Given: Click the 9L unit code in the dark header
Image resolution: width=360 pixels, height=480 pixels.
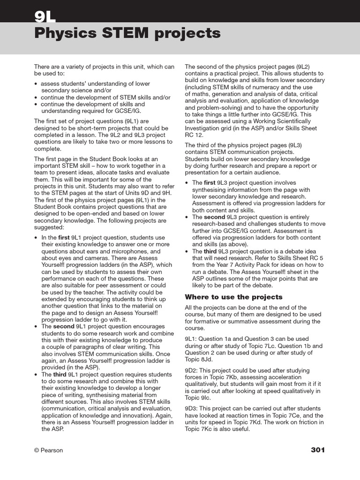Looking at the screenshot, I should coord(45,16).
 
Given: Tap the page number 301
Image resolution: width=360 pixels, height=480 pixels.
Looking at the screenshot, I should coord(317,450).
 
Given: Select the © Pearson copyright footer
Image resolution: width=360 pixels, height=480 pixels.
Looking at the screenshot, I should coord(48,450).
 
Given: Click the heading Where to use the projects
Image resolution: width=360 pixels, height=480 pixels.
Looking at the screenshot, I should coord(233,297).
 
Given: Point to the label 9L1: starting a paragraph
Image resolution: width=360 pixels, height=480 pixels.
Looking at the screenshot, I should coord(191,338).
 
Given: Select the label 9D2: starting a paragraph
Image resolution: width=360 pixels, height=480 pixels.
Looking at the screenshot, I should coord(192,370).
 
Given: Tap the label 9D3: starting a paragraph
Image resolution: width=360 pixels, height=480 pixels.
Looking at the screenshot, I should coord(192,409).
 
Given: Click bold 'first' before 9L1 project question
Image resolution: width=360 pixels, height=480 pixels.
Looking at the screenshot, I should coord(65,238).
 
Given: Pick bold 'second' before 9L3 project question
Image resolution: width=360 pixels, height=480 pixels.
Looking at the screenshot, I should coord(214,217).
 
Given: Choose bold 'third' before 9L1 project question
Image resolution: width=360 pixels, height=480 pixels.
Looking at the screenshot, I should coord(60,375).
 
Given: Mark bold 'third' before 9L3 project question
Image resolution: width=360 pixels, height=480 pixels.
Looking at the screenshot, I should coord(210,251).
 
